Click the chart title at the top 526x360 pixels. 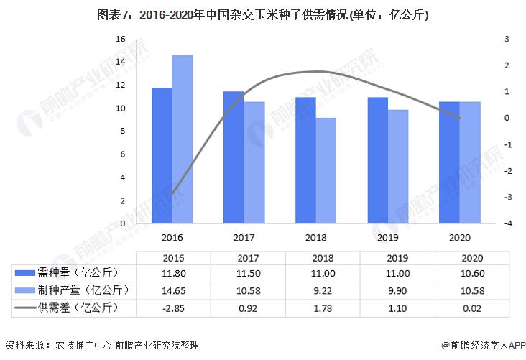coord(263,14)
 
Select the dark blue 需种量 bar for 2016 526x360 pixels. coord(162,155)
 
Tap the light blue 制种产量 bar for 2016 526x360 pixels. coord(183,139)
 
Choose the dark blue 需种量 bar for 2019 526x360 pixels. coord(378,160)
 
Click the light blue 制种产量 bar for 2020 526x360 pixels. coord(470,162)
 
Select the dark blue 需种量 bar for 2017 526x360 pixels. coord(234,157)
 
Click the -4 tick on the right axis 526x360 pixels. coord(508,223)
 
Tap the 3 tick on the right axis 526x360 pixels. coord(507,39)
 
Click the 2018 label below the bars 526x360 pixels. coord(316,237)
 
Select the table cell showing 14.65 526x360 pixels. coord(172,290)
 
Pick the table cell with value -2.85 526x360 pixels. coord(172,308)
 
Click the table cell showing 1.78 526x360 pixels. coord(316,308)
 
